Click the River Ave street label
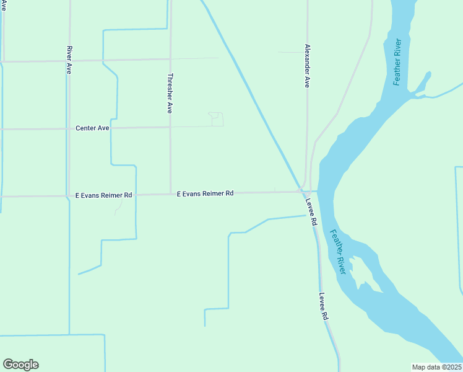69,60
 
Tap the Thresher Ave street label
170,94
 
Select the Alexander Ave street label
306,66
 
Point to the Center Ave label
92,128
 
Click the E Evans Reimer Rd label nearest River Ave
104,195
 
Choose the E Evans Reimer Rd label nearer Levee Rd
205,193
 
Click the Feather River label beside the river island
338,252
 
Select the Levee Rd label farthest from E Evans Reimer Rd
323,306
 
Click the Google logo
20,365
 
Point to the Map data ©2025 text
436,367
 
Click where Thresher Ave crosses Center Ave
170,128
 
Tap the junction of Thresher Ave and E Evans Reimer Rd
171,194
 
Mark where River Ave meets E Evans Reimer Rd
67,196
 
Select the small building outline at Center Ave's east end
216,119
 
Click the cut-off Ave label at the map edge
3,5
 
